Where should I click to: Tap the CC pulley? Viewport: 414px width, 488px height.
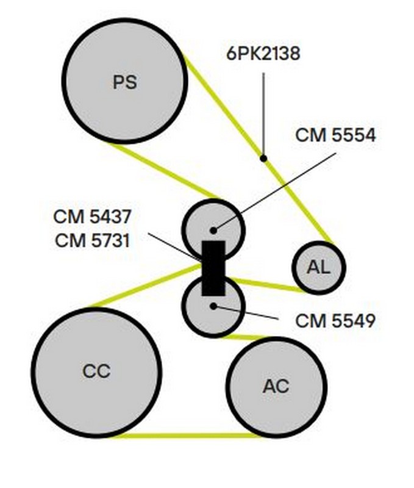(x=96, y=372)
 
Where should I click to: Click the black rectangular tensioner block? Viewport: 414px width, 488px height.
(x=213, y=268)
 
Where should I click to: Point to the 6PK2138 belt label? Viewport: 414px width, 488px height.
(x=263, y=54)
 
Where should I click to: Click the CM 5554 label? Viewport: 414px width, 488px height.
(x=335, y=135)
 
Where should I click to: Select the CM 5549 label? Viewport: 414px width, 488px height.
(x=335, y=320)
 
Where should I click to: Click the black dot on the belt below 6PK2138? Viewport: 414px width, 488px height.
(x=263, y=158)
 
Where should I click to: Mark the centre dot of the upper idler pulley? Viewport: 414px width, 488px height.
(x=213, y=230)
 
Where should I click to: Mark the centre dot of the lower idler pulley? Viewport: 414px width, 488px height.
(x=213, y=305)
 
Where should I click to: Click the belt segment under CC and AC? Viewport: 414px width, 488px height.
(x=186, y=436)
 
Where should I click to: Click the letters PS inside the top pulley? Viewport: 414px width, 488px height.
(x=125, y=82)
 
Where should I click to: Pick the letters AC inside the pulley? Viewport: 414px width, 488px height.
(x=276, y=386)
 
